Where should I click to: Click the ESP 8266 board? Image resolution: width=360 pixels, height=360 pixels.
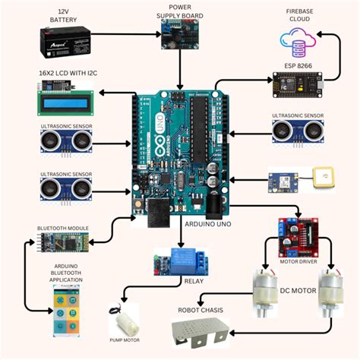click(296, 87)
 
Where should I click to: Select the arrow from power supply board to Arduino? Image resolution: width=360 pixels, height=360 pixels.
click(179, 71)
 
